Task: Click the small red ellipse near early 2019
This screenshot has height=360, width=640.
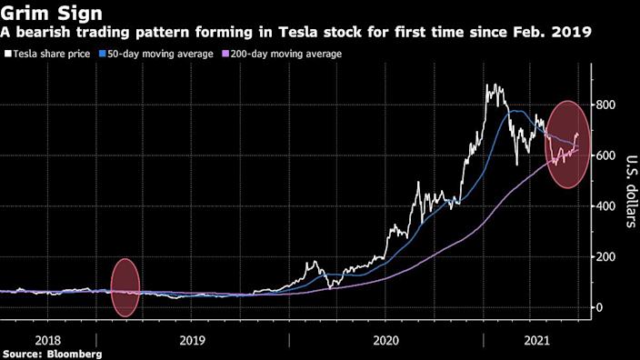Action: [x=125, y=288]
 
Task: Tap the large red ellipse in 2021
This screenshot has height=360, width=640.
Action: [x=567, y=144]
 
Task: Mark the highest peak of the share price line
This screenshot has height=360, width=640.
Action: [x=492, y=85]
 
